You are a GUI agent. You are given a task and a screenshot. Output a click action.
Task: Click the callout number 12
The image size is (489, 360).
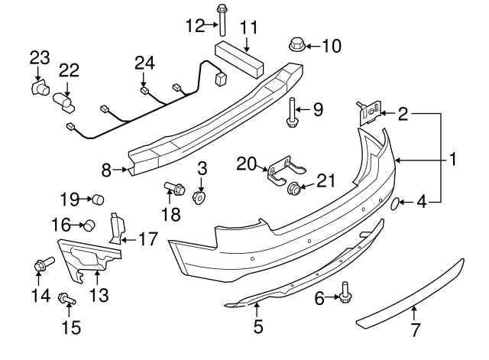click(193, 26)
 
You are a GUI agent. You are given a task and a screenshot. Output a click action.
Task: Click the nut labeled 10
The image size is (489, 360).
click(296, 44)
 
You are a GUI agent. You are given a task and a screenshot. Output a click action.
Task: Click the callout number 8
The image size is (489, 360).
click(106, 170)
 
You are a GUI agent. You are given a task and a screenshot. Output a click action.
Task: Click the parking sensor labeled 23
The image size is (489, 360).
click(37, 88)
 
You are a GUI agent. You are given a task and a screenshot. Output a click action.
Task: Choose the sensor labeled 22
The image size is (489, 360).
click(63, 100)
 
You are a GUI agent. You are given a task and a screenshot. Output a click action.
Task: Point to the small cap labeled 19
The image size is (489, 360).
click(98, 200)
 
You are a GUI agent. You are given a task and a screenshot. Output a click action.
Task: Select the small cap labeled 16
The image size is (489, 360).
click(88, 225)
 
